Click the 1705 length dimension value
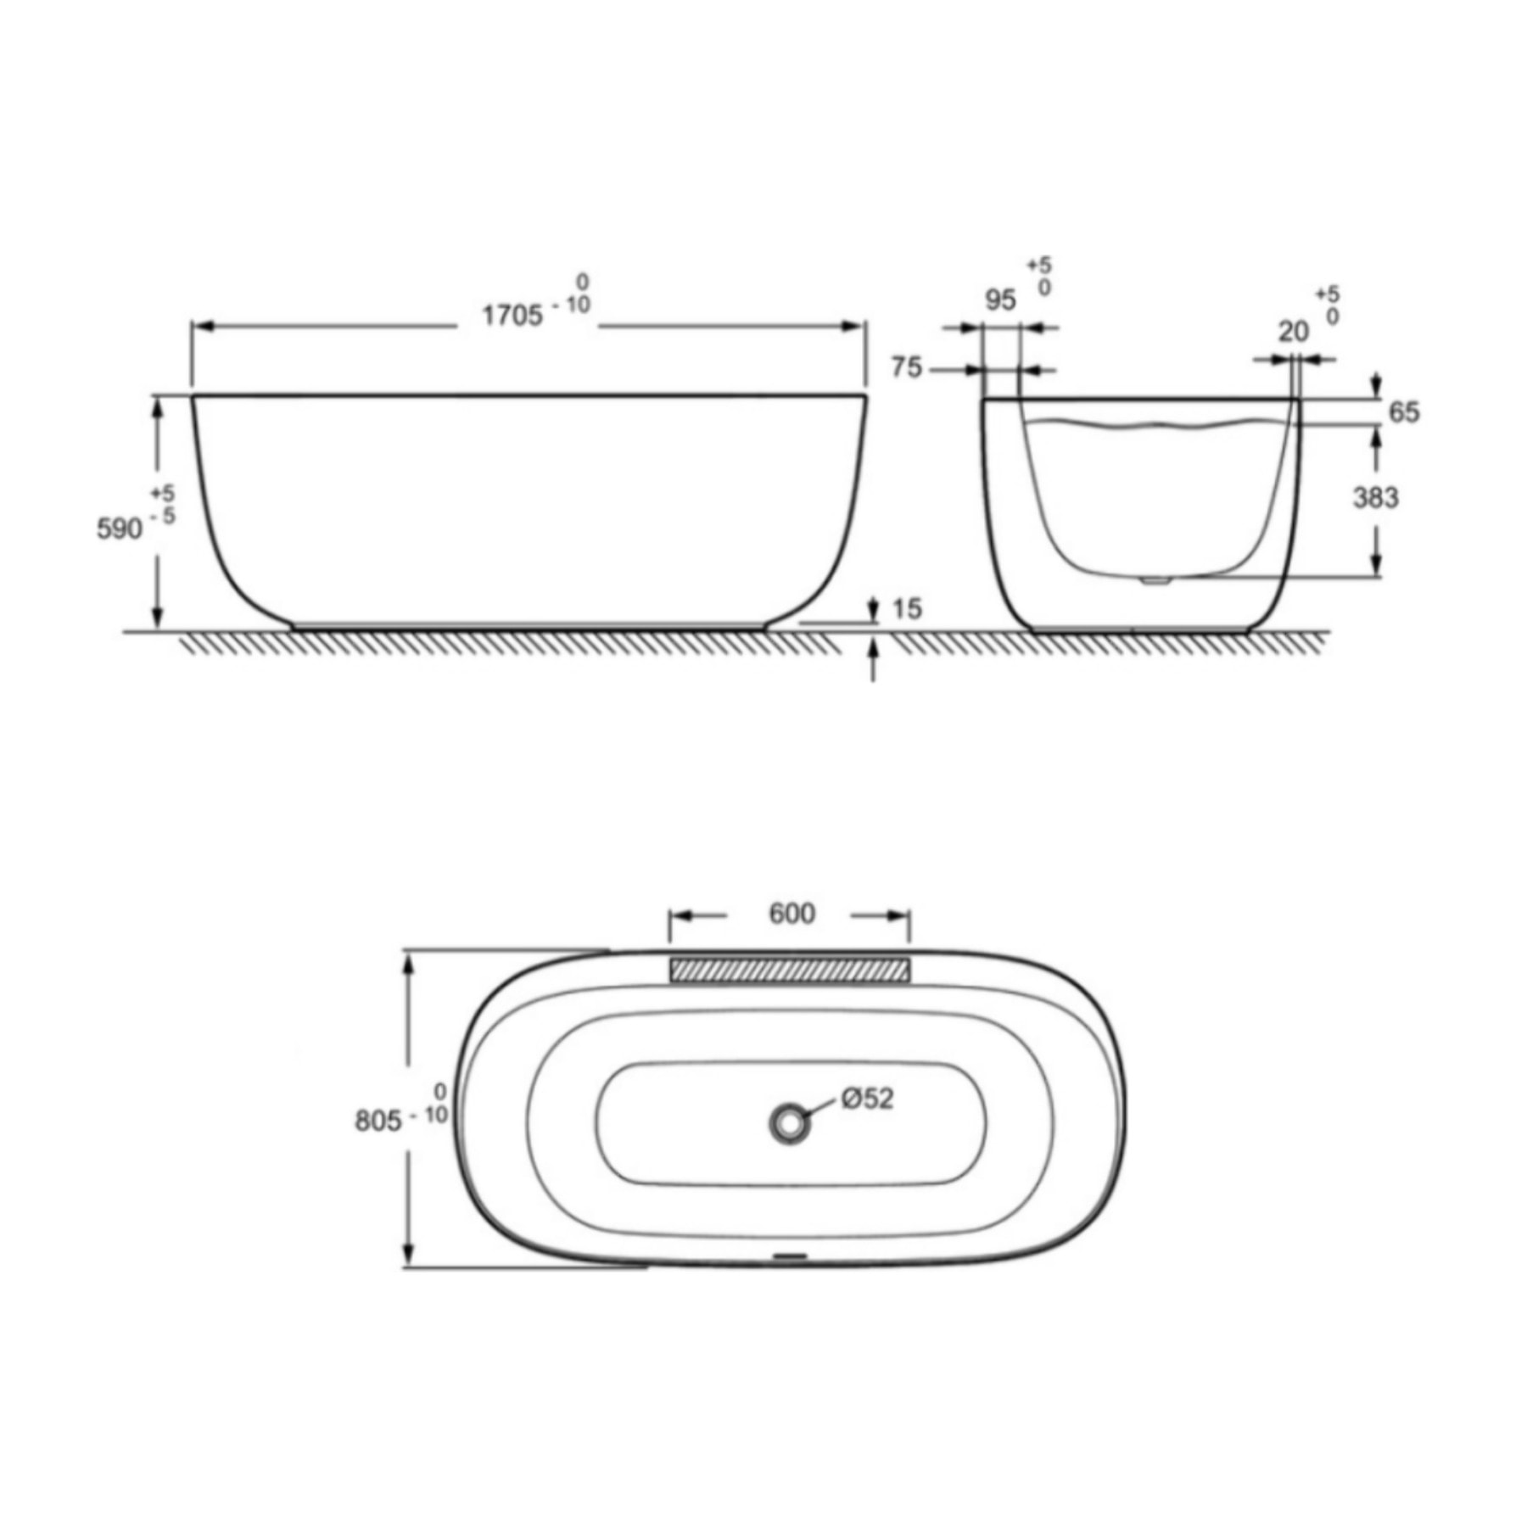tap(512, 316)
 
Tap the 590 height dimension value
tap(120, 529)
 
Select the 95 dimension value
tap(1000, 299)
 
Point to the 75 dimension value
tap(906, 367)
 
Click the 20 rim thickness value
tap(1294, 332)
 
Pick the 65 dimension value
tap(1404, 412)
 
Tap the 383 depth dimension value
tap(1375, 497)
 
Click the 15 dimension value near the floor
tap(907, 608)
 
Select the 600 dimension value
tap(791, 913)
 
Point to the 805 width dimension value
tap(378, 1121)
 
